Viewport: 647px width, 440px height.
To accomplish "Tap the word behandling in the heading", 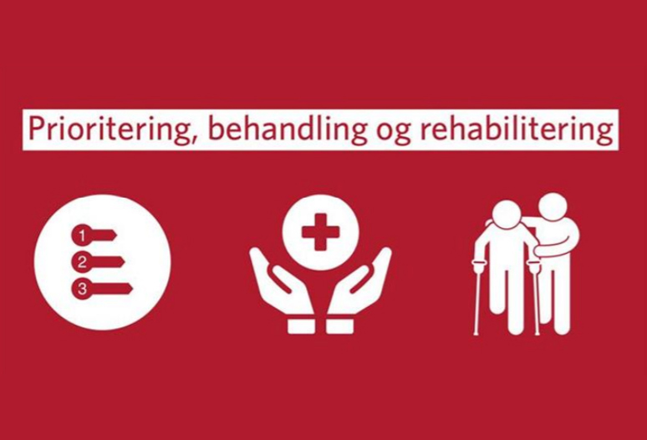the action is coord(287,129).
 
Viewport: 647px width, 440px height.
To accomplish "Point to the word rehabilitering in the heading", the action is coord(516,129).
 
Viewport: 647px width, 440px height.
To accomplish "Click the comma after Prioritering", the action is coord(191,138).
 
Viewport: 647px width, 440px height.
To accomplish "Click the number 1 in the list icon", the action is coord(81,235).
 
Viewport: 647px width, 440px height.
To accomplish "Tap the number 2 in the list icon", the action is coord(81,262).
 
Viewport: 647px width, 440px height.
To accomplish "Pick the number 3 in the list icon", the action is coord(81,288).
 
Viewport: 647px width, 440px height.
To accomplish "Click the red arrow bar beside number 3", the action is coord(110,288).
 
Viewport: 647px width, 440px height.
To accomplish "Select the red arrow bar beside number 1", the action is coord(103,235).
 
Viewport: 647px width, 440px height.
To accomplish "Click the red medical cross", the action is coord(320,231).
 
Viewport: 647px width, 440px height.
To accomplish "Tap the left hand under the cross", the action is coord(281,281).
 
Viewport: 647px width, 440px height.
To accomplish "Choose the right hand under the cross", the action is coord(359,281).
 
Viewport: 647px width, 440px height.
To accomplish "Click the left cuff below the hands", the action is coord(301,327).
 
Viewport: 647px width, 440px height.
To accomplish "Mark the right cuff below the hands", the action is coord(339,327).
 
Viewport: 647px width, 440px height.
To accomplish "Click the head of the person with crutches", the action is coord(507,215).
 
